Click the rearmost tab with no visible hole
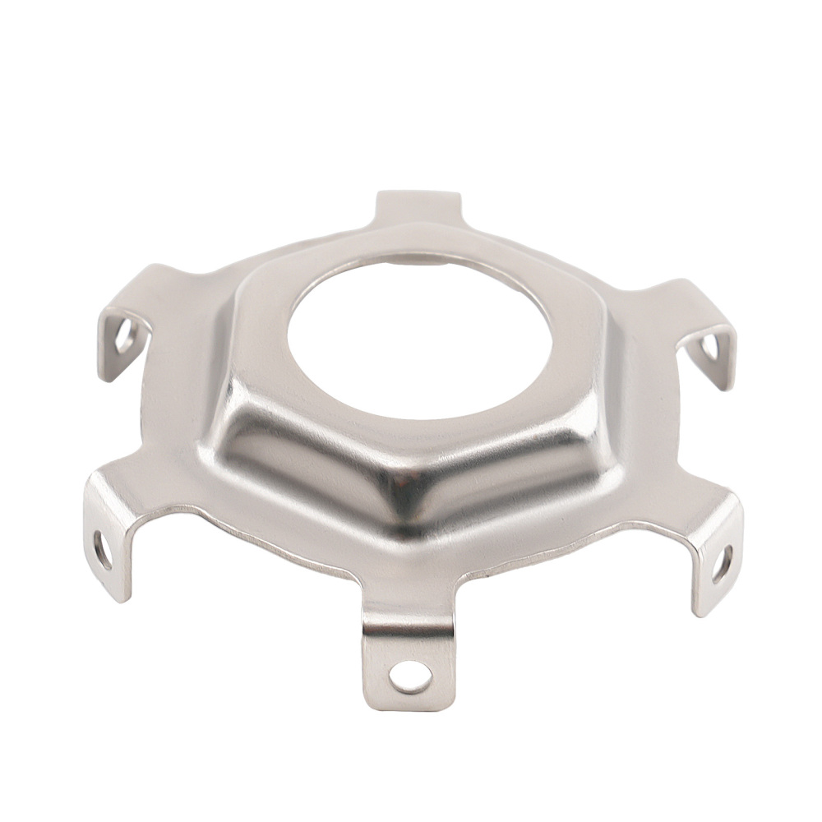coord(417,205)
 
